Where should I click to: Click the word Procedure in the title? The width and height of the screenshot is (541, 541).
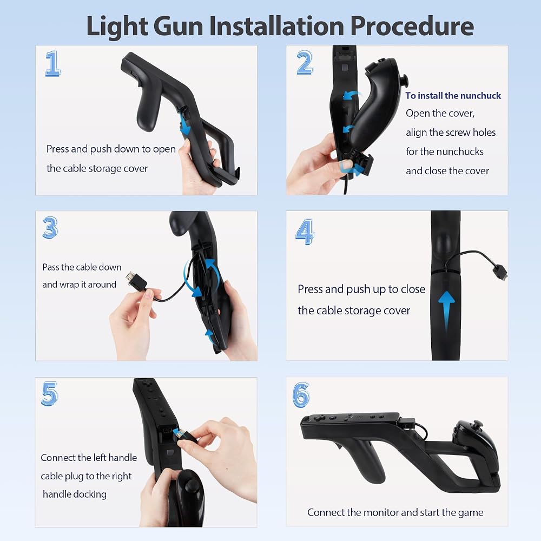pos(412,26)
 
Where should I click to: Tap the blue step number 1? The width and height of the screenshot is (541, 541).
pos(53,63)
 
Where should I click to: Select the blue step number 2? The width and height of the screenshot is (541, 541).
pos(305,62)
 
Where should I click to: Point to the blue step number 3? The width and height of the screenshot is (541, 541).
pos(50,228)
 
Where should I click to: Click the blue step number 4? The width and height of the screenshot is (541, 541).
pos(305,232)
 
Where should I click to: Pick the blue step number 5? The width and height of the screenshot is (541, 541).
pos(50,394)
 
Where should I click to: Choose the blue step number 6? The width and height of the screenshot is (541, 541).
pos(301,395)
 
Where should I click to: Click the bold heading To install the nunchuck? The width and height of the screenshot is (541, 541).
pos(453,96)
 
